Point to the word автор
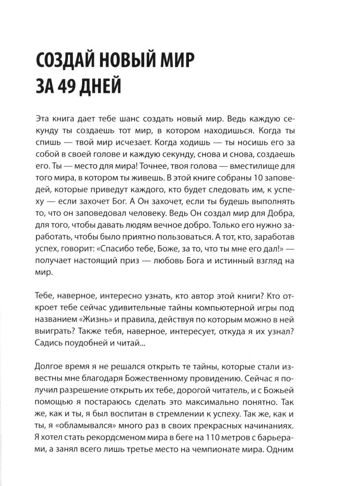point(206,297)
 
